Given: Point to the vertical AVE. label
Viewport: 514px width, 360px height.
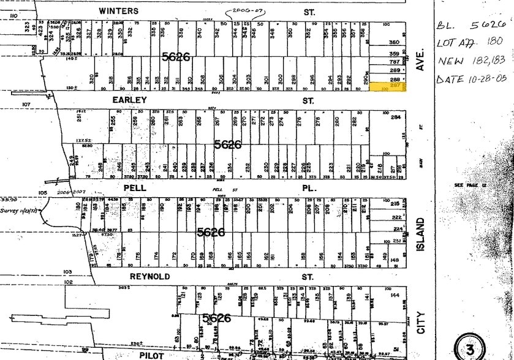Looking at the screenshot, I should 420,64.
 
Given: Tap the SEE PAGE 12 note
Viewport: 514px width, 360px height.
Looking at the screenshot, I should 469,185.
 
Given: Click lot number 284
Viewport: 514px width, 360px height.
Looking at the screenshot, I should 395,117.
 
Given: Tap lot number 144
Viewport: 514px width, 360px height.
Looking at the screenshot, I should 395,295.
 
